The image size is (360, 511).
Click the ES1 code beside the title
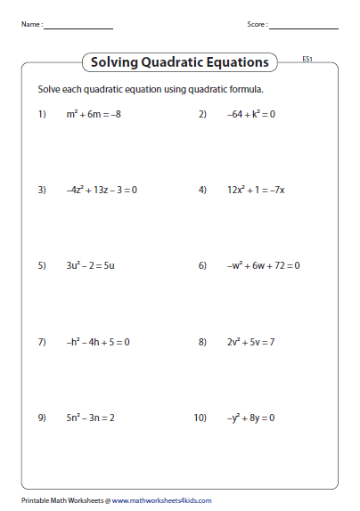coord(307,60)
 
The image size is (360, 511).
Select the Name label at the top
coord(30,25)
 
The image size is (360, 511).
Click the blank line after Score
coord(306,28)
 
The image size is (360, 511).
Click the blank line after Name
coord(78,28)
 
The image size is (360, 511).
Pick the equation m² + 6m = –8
coord(92,114)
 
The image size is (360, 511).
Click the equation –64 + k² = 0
coord(251,114)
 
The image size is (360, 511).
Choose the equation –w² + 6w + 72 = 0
coord(263,265)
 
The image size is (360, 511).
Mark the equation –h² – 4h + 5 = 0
coord(98,341)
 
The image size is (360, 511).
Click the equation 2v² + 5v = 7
coord(251,341)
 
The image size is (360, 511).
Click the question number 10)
coord(200,417)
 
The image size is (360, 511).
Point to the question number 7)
coord(41,341)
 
